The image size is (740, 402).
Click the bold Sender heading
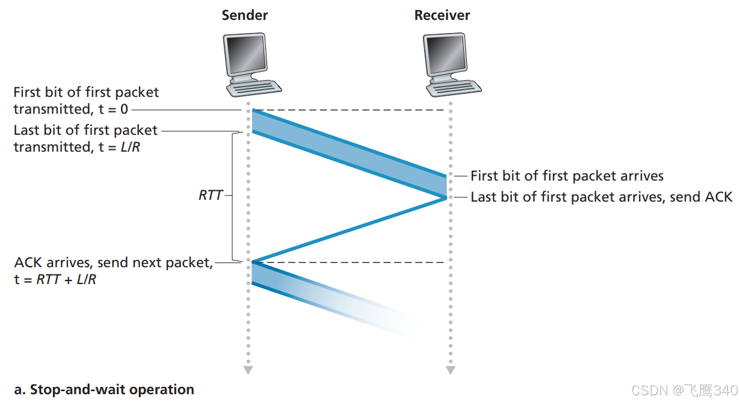[x=245, y=15]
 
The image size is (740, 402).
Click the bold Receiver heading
[x=442, y=15]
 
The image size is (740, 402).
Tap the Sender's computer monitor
[x=245, y=54]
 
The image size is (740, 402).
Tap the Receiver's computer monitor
[x=445, y=54]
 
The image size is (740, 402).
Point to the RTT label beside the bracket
[x=211, y=196]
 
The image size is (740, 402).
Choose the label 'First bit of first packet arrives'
[x=567, y=176]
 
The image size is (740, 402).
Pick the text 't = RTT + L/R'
[x=55, y=279]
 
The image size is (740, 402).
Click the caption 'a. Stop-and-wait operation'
[x=104, y=389]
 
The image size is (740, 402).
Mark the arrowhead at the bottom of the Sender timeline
[x=248, y=370]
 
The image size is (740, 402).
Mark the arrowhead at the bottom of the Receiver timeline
[x=449, y=370]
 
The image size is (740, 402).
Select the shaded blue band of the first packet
[x=349, y=153]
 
